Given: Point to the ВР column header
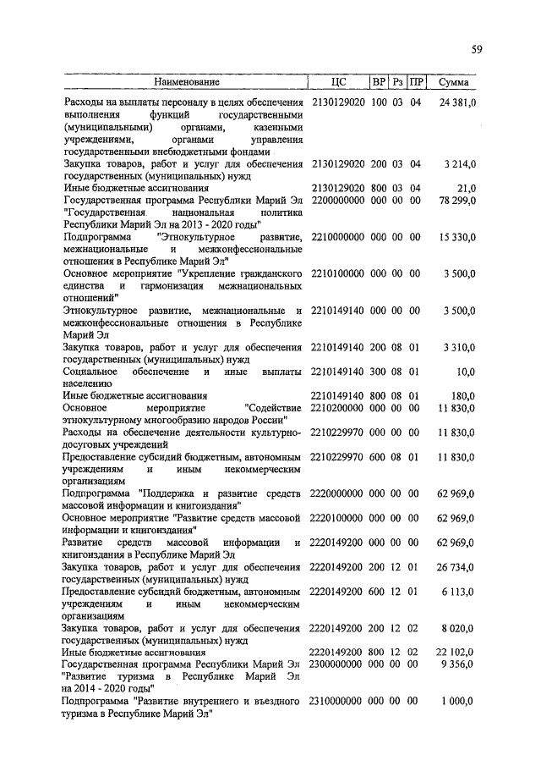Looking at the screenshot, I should (x=379, y=83).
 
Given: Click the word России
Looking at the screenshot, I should (x=273, y=420).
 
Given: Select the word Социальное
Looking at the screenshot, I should (x=90, y=372).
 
